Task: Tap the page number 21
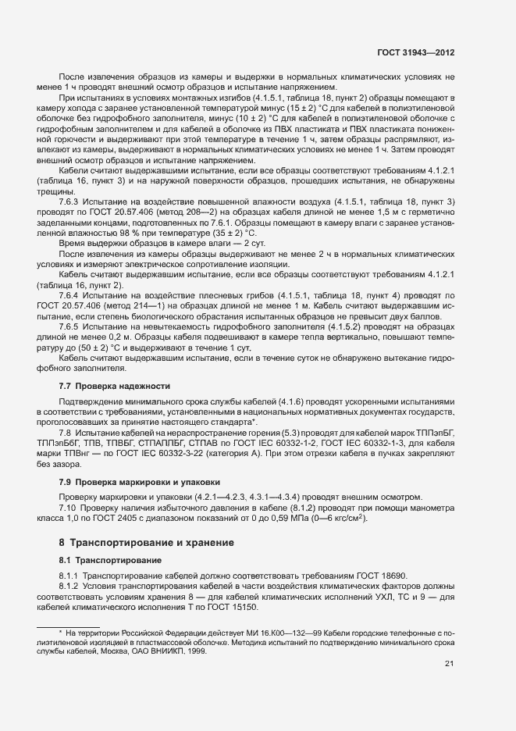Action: (x=449, y=664)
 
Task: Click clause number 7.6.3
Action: (x=71, y=202)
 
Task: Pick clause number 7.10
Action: (x=69, y=508)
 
